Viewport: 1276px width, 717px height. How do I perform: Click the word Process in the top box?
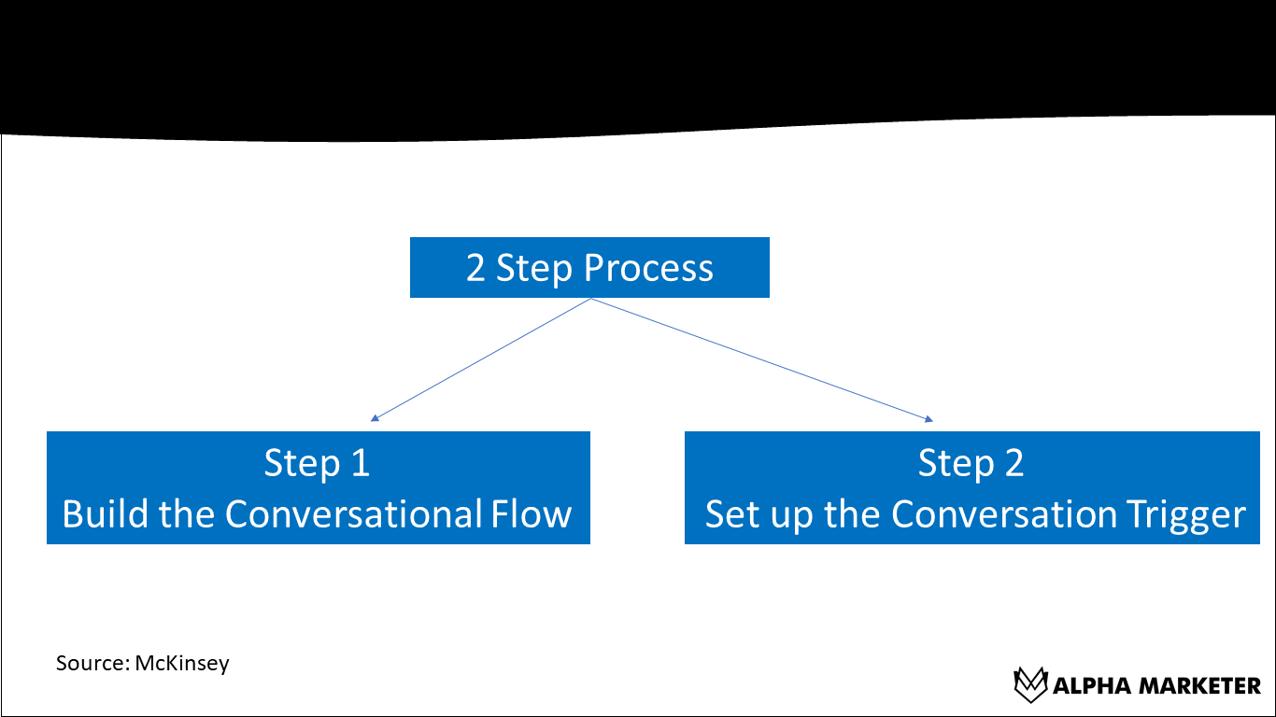tap(648, 268)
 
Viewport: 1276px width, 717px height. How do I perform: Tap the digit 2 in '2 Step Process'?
tap(475, 268)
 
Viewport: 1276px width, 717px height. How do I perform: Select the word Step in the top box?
tap(534, 269)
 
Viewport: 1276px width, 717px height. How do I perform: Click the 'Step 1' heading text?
tap(317, 463)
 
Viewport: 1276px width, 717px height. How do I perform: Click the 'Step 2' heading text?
tap(971, 463)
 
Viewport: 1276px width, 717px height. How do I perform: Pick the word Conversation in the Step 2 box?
tap(1004, 514)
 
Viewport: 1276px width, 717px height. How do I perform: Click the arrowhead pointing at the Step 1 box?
tap(375, 418)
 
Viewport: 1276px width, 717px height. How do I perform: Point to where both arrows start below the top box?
tap(591, 300)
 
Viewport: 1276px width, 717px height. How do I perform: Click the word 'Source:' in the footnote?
tap(92, 664)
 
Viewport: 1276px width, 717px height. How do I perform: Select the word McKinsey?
tap(182, 664)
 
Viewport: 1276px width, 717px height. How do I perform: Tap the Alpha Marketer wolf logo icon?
tap(1029, 684)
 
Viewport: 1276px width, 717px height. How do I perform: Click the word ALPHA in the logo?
tap(1087, 686)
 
